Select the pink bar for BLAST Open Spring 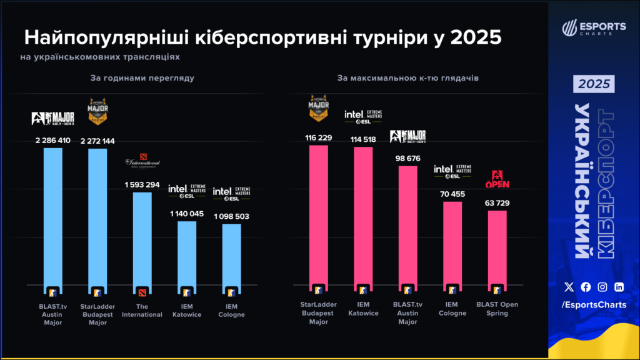tap(497, 250)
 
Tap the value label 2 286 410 tap(53, 141)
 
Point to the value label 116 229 tap(319, 137)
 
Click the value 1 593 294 tap(142, 185)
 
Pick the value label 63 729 tap(497, 203)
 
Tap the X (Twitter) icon tap(569, 287)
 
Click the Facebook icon tap(586, 287)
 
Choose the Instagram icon tap(602, 287)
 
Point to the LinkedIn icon tap(619, 287)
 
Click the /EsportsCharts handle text tap(594, 304)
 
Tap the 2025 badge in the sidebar tap(594, 84)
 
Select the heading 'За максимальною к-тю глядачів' tap(408, 79)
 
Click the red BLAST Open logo tap(497, 179)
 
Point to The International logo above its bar tap(142, 164)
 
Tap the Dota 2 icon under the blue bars tap(142, 291)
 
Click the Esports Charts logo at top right tap(594, 28)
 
